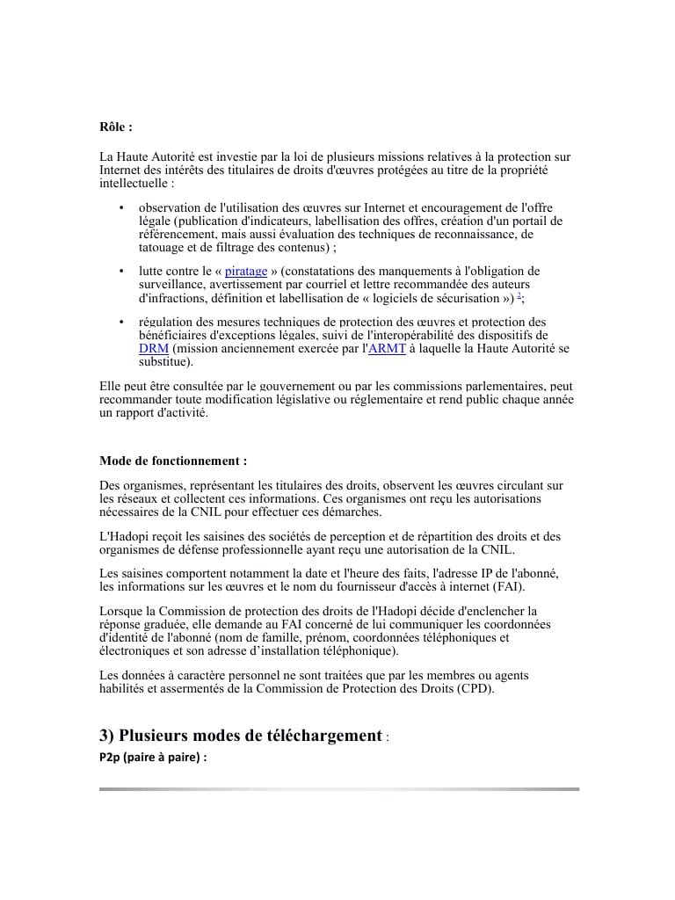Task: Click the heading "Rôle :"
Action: coord(116,127)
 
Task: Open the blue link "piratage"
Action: coord(246,272)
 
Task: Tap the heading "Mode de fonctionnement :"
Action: coord(173,461)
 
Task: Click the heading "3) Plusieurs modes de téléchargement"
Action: coord(241,735)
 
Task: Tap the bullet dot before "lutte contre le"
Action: coord(120,272)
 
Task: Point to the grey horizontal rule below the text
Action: coord(338,789)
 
